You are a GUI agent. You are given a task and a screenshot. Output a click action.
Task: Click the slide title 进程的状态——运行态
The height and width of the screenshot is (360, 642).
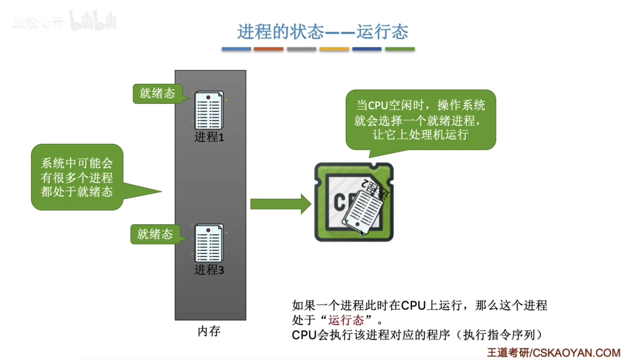[x=323, y=32]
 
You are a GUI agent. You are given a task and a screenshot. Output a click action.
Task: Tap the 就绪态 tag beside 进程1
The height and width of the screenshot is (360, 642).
[x=157, y=94]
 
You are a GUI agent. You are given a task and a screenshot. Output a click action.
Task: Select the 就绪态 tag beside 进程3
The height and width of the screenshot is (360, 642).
[x=155, y=234]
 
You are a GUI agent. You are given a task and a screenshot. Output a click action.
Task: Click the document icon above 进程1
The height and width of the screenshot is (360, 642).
[x=209, y=110]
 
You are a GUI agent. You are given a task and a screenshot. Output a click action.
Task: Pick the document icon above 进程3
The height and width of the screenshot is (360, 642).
[x=209, y=244]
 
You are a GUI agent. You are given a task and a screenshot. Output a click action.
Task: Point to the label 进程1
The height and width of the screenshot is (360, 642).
[x=209, y=137]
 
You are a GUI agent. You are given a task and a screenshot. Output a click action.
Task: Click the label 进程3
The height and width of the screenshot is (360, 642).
[x=209, y=270]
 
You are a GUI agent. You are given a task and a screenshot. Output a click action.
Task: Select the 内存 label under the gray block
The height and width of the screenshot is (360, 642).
[x=209, y=331]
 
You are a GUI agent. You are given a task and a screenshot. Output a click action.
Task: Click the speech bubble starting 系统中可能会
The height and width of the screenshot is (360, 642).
[x=77, y=177]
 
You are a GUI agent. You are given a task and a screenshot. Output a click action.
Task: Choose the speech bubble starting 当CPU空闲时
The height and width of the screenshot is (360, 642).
[x=420, y=120]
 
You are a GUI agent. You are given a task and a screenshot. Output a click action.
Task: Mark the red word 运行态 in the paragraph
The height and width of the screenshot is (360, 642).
[x=346, y=320]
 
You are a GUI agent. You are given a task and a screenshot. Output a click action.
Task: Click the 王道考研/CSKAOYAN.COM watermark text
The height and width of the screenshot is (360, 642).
[x=553, y=353]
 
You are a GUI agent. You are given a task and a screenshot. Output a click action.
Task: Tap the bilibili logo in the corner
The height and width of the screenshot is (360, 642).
[x=93, y=21]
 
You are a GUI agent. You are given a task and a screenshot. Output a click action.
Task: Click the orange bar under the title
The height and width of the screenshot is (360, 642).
[x=269, y=49]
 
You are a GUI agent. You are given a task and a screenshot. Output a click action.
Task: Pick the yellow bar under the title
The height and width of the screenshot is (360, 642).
[x=334, y=49]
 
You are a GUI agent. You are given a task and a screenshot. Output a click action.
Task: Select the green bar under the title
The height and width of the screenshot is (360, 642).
[x=399, y=49]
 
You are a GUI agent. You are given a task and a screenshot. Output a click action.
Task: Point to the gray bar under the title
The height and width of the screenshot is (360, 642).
[x=301, y=49]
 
